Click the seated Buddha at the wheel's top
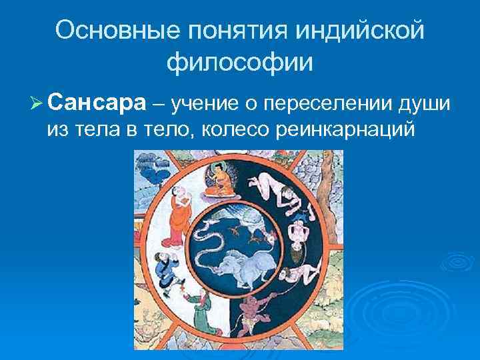pyautogui.click(x=217, y=181)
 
